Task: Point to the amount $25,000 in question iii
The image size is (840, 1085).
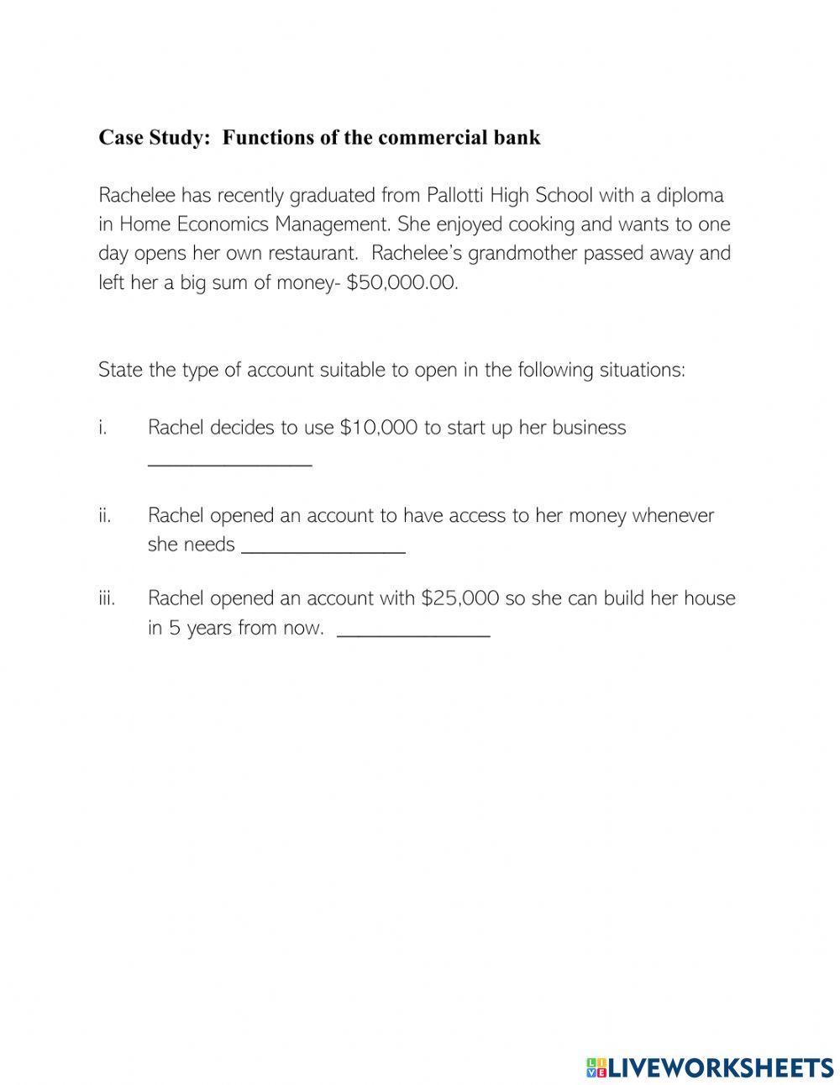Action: tap(460, 598)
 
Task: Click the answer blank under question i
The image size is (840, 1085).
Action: tap(229, 461)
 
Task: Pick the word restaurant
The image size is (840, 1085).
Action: tap(313, 253)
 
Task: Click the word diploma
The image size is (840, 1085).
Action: tap(686, 196)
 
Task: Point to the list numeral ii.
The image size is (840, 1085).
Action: tap(104, 515)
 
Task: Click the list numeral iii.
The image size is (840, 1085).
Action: tap(106, 598)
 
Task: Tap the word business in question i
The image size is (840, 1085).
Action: tap(589, 428)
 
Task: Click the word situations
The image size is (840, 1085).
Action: tap(641, 370)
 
